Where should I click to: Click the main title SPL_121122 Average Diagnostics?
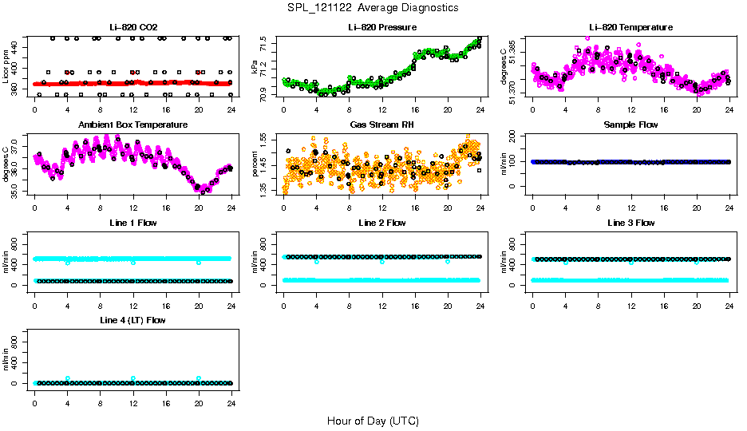[373, 7]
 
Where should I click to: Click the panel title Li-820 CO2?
[133, 27]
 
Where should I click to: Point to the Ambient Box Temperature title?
[133, 125]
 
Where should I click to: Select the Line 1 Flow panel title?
[133, 223]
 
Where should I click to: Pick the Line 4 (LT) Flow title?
[133, 320]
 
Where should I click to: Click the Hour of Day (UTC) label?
[373, 421]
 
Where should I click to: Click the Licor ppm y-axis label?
[6, 67]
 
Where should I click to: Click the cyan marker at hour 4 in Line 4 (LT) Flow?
[68, 378]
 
